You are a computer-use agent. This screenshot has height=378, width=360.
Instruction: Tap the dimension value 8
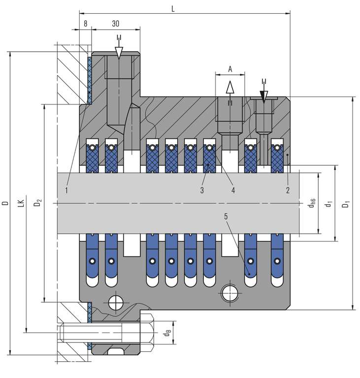coord(86,23)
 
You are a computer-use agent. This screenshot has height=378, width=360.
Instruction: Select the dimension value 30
coord(115,23)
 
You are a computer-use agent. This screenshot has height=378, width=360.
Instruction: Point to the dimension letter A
coord(230,69)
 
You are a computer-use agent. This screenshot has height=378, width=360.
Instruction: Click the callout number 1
coord(66,189)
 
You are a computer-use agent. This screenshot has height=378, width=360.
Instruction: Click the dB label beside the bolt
coord(167,333)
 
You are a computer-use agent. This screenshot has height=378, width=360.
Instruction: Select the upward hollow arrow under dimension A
coord(229,88)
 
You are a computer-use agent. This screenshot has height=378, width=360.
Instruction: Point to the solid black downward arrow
coord(264,96)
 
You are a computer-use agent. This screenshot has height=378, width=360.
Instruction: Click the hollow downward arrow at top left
coord(118,52)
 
